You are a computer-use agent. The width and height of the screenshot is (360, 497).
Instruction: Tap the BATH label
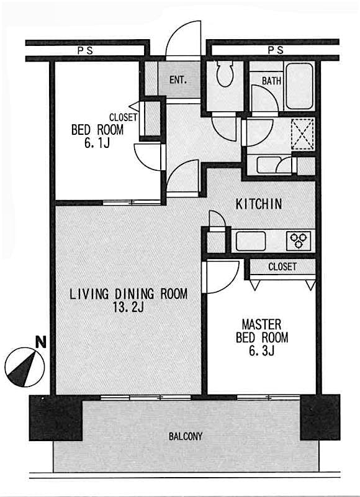point(271,81)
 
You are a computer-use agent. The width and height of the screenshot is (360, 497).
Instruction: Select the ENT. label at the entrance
point(178,80)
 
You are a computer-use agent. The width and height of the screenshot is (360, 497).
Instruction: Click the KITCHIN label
point(259,204)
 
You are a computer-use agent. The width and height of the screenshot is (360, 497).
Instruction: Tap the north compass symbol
point(25,367)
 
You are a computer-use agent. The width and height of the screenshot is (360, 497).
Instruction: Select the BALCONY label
point(186,436)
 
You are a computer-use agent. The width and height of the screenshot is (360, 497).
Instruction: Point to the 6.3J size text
point(262,352)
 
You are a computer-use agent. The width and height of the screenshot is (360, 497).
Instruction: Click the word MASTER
point(261,324)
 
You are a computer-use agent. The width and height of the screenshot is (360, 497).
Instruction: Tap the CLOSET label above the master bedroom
point(282,267)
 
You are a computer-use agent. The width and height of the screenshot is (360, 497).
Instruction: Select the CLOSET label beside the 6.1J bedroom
point(123,117)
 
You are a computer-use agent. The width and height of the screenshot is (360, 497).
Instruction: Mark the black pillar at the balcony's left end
point(56,417)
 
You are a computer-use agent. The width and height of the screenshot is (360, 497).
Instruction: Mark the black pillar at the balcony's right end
point(320,416)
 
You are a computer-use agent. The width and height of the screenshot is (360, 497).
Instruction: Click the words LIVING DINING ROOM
point(128,294)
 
